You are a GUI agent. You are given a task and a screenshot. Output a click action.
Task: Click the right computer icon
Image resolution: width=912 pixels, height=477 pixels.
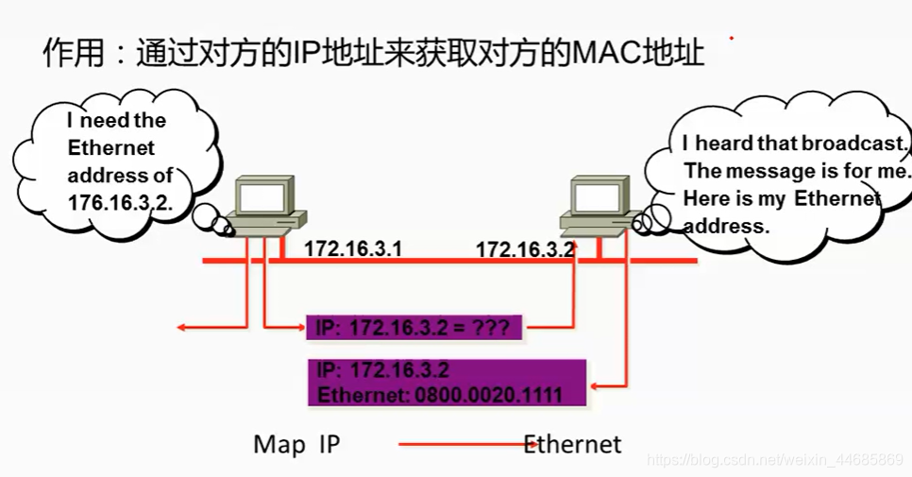click(596, 207)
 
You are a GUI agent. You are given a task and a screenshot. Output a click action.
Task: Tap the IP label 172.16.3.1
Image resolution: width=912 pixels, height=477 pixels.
click(353, 249)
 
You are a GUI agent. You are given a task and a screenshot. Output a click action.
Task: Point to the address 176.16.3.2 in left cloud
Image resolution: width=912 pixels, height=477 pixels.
click(120, 202)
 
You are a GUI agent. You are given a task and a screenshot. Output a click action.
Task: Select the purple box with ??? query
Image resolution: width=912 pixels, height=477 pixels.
click(414, 329)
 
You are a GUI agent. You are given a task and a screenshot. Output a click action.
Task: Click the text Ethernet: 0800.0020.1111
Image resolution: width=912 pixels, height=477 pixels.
click(440, 394)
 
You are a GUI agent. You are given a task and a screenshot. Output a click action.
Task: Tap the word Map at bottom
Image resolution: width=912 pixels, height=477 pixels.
click(273, 444)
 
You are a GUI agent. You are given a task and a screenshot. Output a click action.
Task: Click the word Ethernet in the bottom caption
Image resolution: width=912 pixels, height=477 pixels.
click(573, 444)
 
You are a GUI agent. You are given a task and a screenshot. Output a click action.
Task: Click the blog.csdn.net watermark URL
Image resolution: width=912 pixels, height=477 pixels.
click(773, 460)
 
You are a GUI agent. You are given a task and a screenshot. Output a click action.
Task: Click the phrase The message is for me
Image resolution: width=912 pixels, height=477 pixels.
click(797, 171)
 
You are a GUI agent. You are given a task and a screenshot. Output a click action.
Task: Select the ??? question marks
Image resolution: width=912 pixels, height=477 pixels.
click(492, 329)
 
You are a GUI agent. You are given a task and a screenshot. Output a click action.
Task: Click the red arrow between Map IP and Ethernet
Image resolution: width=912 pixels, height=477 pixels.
click(463, 443)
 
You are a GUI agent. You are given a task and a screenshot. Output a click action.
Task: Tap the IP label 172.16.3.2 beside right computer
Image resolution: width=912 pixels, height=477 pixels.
click(525, 250)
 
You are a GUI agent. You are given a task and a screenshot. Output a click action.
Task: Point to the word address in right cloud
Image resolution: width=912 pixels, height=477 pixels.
click(727, 227)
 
